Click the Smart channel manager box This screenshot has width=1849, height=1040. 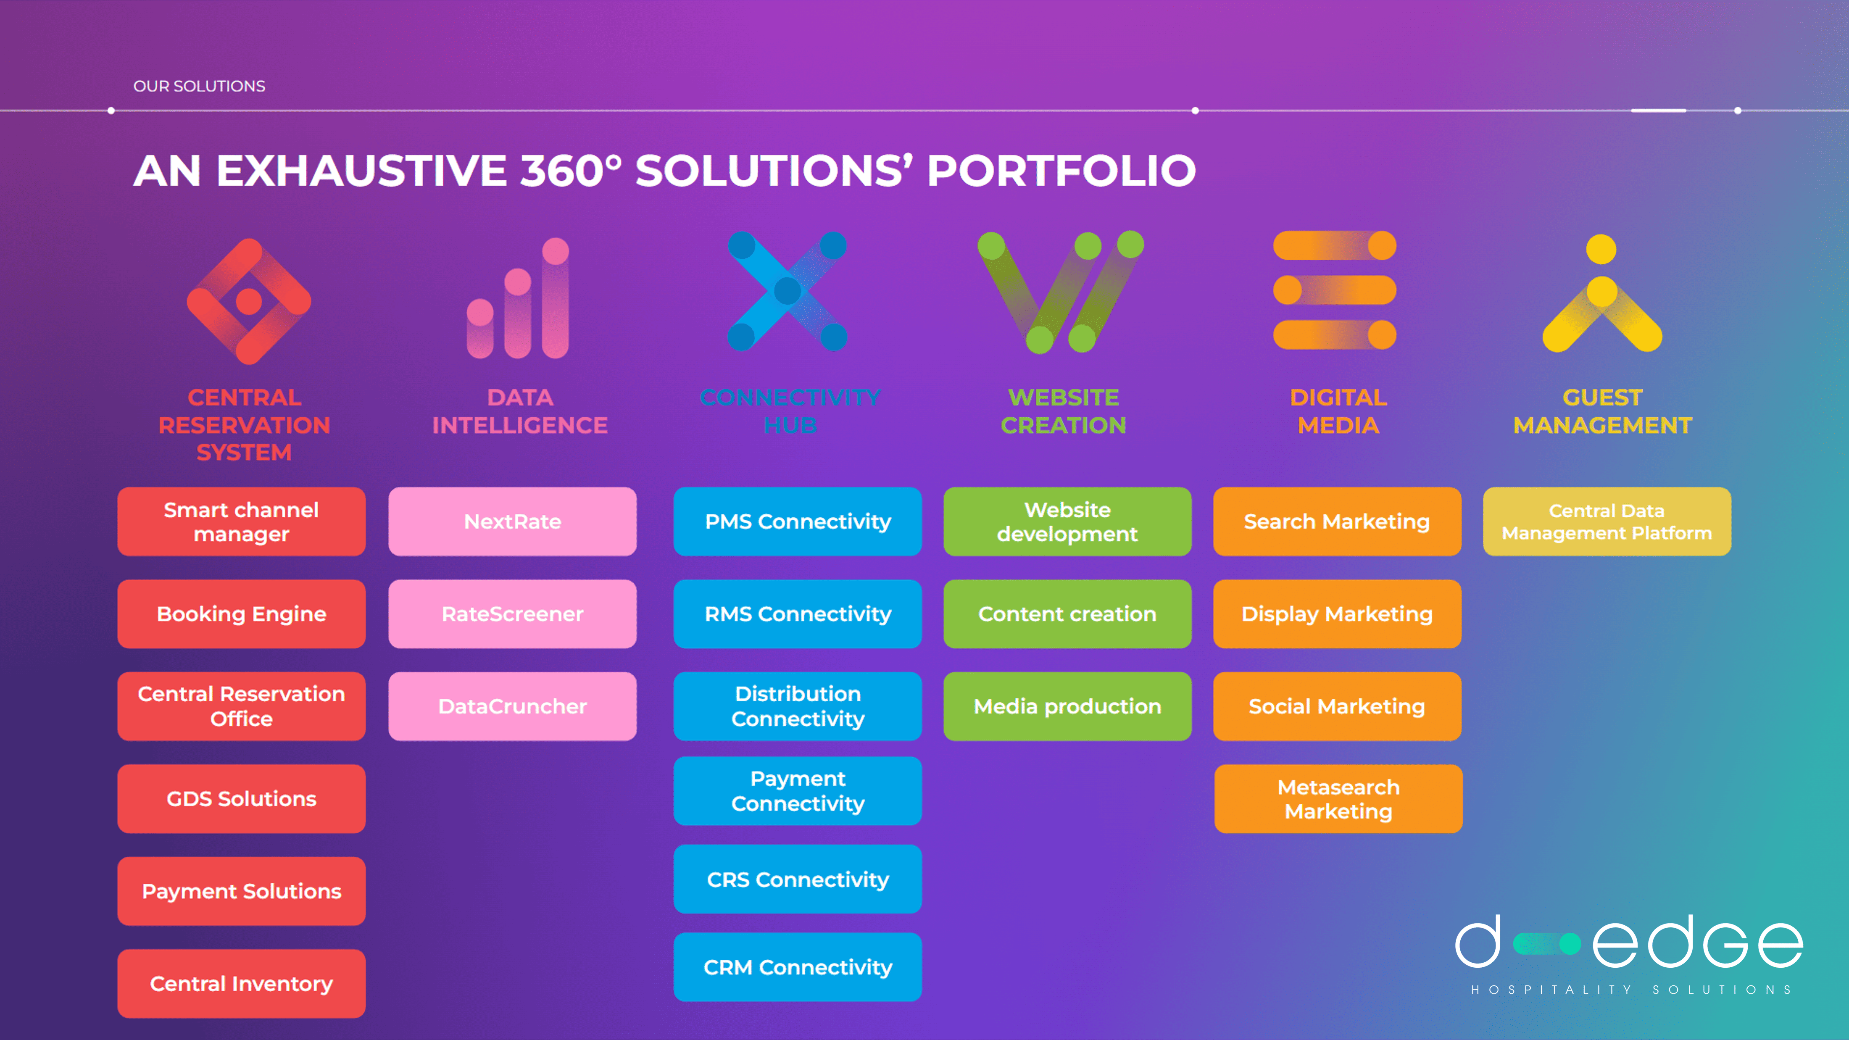tap(241, 522)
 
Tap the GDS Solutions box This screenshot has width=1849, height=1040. tap(241, 799)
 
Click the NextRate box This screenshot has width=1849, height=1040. tap(513, 522)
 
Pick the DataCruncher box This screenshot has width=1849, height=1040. tap(513, 706)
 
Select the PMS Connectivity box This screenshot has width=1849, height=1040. tap(798, 522)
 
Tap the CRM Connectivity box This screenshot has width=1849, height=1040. tap(798, 967)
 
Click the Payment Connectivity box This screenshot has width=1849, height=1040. tap(798, 791)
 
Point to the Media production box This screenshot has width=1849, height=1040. tap(1067, 706)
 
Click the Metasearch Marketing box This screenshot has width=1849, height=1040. tap(1338, 799)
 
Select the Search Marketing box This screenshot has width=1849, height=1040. tap(1336, 522)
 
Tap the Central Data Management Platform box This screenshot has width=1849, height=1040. tap(1607, 522)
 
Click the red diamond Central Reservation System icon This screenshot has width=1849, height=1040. tap(248, 301)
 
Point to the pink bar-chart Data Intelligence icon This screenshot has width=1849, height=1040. tap(518, 300)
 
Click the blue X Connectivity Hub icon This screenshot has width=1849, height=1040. tap(788, 291)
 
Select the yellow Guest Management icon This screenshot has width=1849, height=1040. tap(1602, 296)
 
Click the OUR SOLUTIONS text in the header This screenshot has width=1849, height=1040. tap(199, 86)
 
